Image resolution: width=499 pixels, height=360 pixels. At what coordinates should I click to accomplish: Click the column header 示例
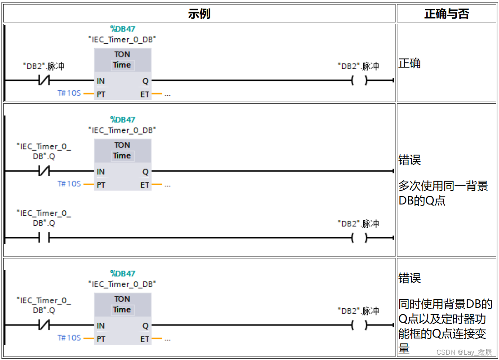199,13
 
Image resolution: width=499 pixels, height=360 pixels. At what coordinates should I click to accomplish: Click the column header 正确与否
446,13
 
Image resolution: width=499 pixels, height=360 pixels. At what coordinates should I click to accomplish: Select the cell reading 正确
410,63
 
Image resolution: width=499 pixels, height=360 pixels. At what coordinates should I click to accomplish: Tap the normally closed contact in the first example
44,81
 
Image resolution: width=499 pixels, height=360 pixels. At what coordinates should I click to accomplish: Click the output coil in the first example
359,81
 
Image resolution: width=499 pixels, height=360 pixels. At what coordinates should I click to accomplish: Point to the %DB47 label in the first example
122,29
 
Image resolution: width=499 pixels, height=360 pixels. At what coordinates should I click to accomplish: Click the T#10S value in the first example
69,93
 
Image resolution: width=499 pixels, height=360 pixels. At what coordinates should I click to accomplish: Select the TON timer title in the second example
122,145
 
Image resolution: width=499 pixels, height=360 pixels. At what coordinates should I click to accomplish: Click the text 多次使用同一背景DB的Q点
443,193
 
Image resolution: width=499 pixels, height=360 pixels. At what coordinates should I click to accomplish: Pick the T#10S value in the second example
69,184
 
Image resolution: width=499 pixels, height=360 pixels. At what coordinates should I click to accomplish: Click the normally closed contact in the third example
44,325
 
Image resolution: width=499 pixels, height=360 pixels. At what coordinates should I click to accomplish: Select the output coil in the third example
359,325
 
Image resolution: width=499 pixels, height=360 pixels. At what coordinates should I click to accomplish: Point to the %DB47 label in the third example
122,273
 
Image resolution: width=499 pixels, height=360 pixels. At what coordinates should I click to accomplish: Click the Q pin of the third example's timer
145,326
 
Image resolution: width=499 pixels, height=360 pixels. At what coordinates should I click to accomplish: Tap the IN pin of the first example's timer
101,81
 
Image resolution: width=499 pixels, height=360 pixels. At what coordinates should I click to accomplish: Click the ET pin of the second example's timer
145,185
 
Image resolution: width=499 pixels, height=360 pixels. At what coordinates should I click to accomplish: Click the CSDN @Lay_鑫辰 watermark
464,352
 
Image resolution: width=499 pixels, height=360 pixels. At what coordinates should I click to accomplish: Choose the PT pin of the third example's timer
101,339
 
